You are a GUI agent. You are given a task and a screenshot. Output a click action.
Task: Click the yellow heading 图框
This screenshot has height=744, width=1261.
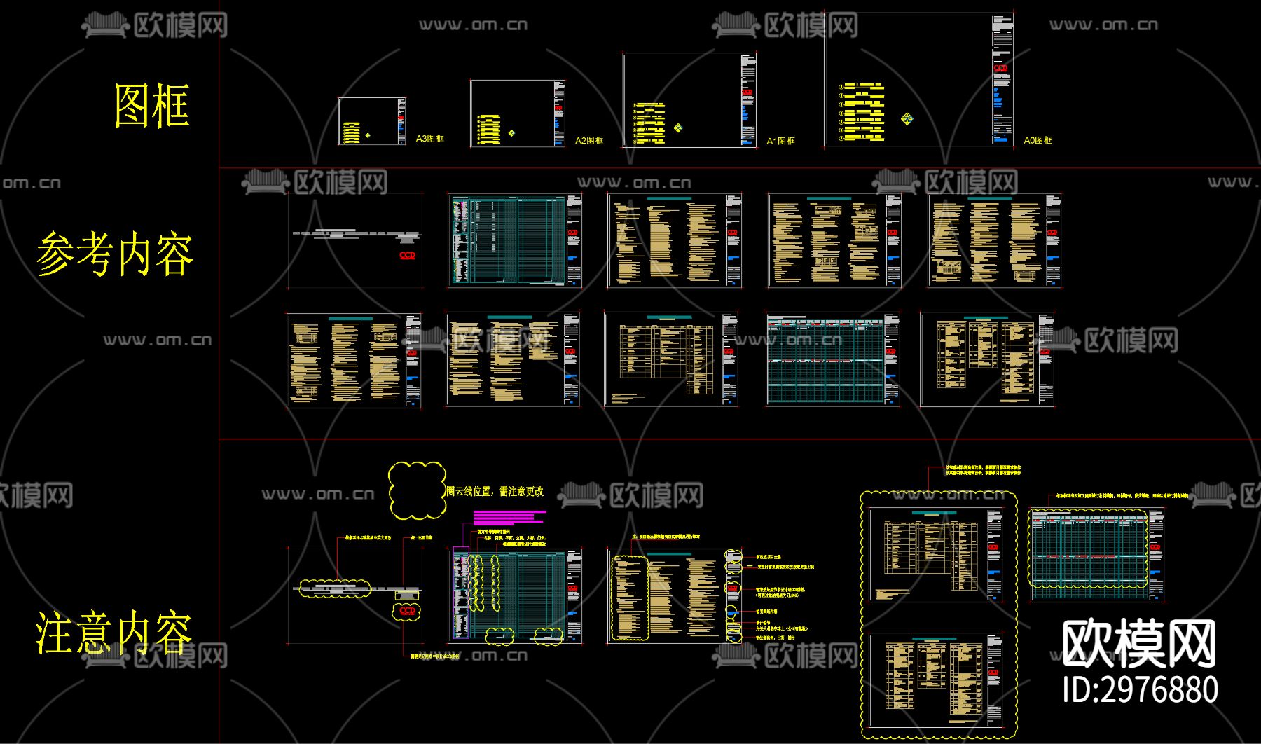tap(152, 106)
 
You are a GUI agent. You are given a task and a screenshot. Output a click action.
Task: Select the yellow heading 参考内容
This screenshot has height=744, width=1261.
tap(115, 254)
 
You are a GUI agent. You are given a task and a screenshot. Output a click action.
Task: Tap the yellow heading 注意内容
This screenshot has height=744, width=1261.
tap(113, 632)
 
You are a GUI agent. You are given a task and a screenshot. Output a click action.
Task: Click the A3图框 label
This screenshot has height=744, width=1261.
tap(429, 139)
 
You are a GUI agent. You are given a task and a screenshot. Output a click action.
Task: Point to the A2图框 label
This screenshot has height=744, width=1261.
tap(588, 141)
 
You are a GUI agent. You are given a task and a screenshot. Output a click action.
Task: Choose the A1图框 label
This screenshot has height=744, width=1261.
tap(780, 141)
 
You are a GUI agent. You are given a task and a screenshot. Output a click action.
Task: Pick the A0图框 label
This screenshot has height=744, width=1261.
tap(1038, 140)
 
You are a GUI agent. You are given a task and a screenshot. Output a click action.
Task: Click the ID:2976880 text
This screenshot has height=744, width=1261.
tap(1140, 690)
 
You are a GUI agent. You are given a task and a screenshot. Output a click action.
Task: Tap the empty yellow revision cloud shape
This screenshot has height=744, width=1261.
tap(417, 490)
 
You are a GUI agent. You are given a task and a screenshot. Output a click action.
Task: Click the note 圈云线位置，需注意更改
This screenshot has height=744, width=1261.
tap(495, 491)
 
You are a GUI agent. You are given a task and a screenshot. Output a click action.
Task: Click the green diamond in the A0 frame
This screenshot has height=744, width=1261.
tap(907, 118)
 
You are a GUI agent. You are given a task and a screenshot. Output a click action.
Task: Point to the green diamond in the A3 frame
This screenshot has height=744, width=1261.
tap(368, 135)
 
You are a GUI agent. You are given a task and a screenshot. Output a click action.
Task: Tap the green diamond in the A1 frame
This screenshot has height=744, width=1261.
tap(678, 128)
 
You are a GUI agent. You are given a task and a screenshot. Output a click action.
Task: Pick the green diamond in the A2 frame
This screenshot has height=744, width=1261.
tap(511, 133)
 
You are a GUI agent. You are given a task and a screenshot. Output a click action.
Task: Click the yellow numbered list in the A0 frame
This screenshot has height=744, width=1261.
tap(862, 112)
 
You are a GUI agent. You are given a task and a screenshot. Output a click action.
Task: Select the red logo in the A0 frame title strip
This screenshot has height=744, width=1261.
tap(1000, 68)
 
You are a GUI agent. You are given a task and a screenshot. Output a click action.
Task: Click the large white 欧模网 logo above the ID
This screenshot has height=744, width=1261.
tap(1138, 644)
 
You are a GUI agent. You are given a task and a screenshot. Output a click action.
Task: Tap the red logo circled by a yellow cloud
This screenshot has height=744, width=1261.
tap(407, 611)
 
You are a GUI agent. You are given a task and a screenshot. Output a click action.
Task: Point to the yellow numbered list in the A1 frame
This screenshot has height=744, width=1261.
tap(649, 123)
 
